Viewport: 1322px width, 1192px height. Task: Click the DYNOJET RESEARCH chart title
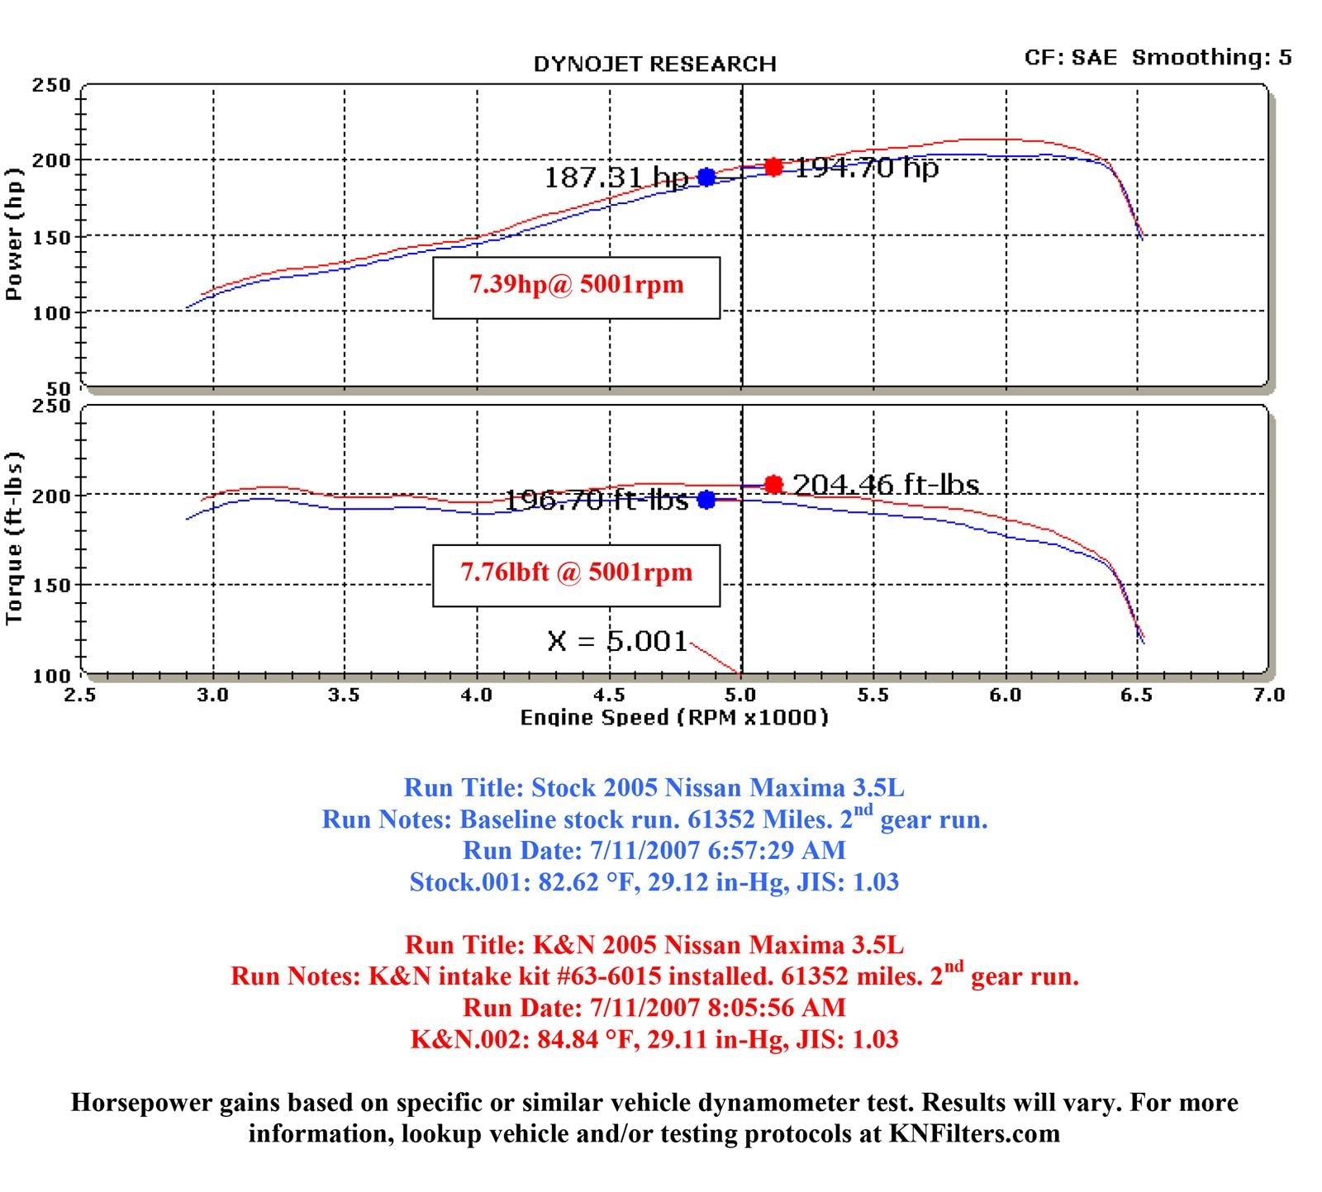click(x=654, y=64)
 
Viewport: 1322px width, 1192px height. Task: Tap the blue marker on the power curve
click(x=706, y=177)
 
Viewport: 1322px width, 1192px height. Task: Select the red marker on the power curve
click(x=773, y=167)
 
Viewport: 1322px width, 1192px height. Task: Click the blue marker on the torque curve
click(x=706, y=500)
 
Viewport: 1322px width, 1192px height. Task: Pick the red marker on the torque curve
click(x=773, y=484)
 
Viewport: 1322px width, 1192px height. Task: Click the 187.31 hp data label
click(x=616, y=177)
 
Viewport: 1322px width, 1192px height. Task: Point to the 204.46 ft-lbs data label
click(x=886, y=484)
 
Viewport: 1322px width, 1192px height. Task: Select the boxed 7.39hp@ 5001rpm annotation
click(x=577, y=286)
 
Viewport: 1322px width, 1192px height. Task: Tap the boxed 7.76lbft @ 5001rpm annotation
click(x=577, y=573)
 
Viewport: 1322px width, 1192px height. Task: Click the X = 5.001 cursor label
click(x=616, y=641)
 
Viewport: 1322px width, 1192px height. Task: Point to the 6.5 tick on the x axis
click(x=1137, y=695)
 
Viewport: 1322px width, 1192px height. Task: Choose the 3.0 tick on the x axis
click(x=213, y=695)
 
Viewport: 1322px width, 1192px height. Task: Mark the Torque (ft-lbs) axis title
click(x=13, y=539)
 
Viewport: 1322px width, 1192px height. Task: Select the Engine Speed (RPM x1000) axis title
click(x=673, y=718)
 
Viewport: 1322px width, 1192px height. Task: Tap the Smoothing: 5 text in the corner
click(x=1211, y=58)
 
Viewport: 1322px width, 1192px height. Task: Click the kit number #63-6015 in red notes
click(x=610, y=976)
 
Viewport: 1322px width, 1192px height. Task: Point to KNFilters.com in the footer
click(x=974, y=1133)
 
